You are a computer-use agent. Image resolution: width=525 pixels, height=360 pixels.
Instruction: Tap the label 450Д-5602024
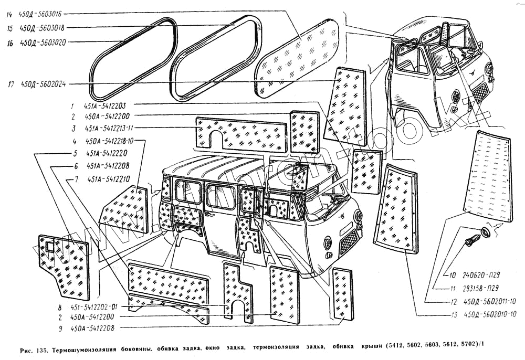[x=44, y=83]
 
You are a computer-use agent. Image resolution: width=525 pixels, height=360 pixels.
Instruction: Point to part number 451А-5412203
[x=108, y=105]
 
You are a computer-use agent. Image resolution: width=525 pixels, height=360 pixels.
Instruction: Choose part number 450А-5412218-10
[x=110, y=141]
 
